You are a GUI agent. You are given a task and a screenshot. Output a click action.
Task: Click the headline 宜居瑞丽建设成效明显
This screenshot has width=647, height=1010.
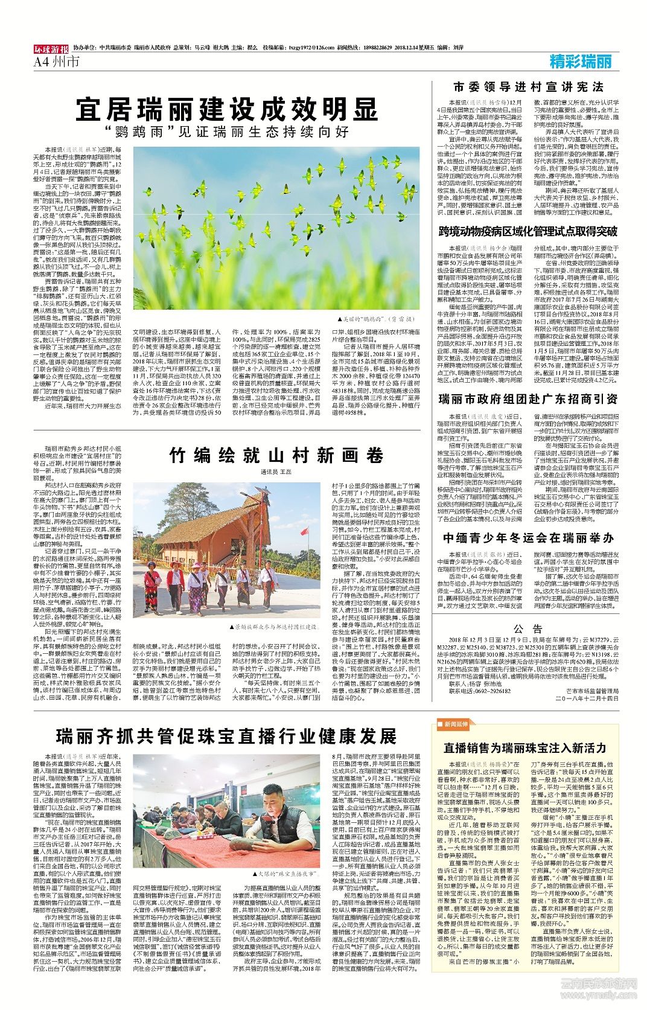(x=226, y=110)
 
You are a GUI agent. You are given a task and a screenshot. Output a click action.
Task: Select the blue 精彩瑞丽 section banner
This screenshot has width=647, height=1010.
(x=581, y=61)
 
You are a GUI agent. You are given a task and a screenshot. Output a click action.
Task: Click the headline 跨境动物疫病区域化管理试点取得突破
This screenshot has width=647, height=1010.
(x=528, y=231)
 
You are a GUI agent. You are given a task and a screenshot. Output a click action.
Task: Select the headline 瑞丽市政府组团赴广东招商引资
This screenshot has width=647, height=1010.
(x=528, y=399)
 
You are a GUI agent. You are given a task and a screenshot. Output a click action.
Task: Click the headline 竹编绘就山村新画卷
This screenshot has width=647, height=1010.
(x=277, y=455)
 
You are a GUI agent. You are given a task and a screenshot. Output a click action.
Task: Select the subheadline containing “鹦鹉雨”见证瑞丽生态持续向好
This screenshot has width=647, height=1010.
(x=226, y=131)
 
